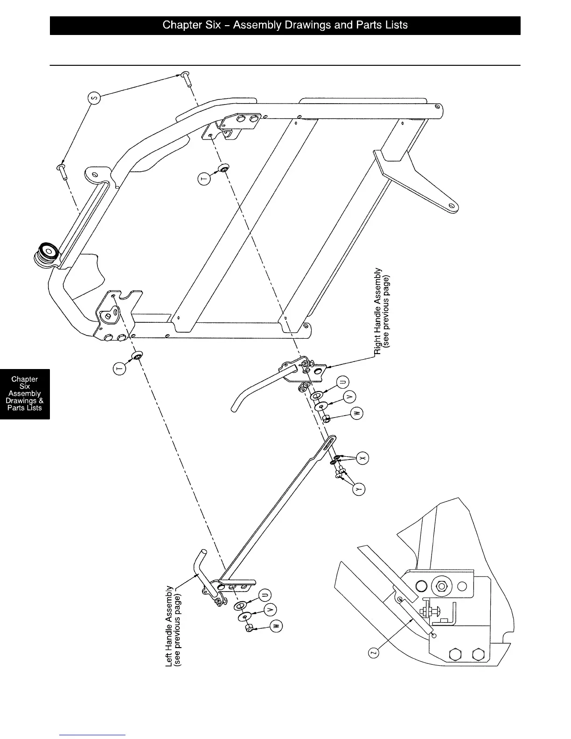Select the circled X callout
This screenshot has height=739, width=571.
pyautogui.click(x=362, y=458)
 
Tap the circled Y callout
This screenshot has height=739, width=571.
pyautogui.click(x=358, y=489)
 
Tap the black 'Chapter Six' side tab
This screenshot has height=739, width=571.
pyautogui.click(x=25, y=393)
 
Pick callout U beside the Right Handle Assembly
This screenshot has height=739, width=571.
pyautogui.click(x=342, y=383)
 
